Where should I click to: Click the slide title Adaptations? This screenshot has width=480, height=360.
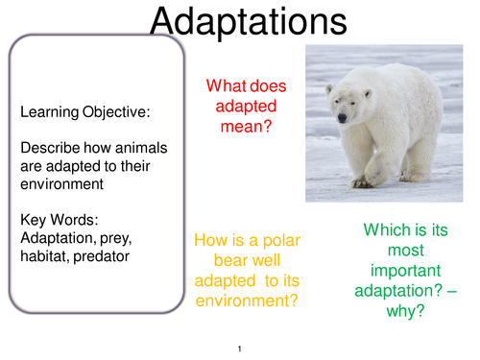coord(249,22)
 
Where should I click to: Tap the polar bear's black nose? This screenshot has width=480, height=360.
coord(342,118)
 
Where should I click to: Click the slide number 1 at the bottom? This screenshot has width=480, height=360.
coord(240,348)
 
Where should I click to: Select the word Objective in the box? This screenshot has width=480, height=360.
coord(116,112)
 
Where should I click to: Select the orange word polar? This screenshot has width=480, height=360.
coord(281,240)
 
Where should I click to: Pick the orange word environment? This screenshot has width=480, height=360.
coord(247,301)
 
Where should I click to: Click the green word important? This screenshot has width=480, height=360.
coord(405,271)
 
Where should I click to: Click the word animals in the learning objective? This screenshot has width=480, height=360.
coord(141,148)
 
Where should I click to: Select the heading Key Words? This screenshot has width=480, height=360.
coord(60,220)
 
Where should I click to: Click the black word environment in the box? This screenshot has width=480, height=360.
coord(61,184)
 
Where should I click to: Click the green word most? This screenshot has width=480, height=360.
coord(406,251)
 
